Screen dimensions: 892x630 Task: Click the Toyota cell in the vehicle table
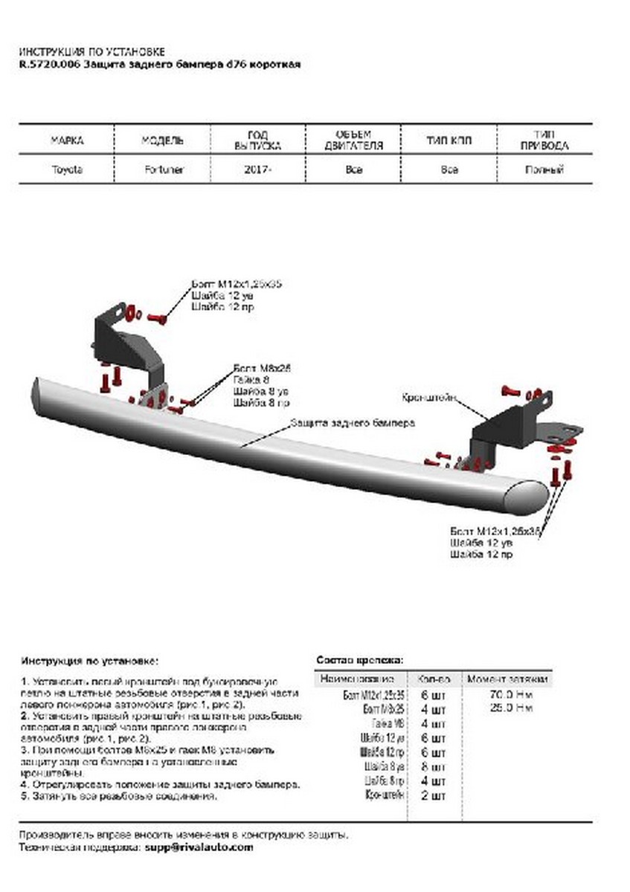click(x=67, y=169)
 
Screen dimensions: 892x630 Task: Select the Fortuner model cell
click(x=163, y=169)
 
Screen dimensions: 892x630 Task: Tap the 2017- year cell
click(x=257, y=169)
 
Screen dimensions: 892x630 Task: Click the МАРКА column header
click(x=67, y=140)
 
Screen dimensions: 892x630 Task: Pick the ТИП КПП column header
click(x=449, y=140)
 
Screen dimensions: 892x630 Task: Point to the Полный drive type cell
click(x=544, y=169)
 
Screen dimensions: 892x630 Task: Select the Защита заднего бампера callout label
click(x=352, y=421)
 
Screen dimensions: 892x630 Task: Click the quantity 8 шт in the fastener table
click(x=433, y=767)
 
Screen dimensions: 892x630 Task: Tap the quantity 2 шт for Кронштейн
click(x=433, y=796)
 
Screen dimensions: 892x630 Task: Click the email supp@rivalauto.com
click(x=199, y=847)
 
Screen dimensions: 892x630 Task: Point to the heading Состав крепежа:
click(x=360, y=659)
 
